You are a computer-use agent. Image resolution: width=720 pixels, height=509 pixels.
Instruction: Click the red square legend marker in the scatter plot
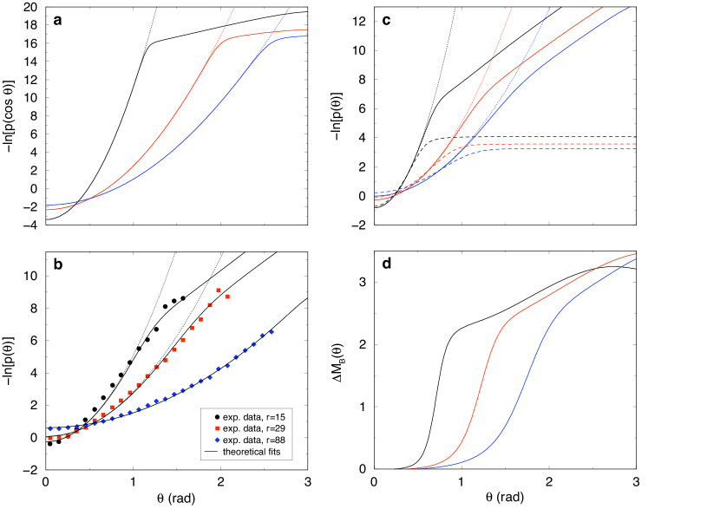tap(217, 428)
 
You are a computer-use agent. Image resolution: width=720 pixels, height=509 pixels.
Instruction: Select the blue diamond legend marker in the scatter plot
tap(217, 440)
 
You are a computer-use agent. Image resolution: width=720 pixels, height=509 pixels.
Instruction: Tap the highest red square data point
tap(219, 290)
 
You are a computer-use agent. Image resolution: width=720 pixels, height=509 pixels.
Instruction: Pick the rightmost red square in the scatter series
tap(227, 297)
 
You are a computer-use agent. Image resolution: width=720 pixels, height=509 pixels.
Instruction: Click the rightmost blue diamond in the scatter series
tap(272, 331)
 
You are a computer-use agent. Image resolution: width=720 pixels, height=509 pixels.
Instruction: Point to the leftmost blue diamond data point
tap(50, 428)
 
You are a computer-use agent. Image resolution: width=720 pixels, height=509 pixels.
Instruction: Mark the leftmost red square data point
tap(50, 439)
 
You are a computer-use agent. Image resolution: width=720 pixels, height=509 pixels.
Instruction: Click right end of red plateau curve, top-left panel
tap(307, 29)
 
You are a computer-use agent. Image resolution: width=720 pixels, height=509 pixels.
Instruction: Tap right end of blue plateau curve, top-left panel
tap(307, 36)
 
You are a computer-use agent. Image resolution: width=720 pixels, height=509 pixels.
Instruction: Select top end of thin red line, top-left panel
tap(233, 9)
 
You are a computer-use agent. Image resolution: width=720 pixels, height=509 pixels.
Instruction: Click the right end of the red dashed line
tap(636, 144)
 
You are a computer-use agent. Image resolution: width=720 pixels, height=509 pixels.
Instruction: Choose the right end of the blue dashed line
tap(636, 148)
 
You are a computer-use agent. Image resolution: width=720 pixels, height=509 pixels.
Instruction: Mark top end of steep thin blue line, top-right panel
tap(550, 9)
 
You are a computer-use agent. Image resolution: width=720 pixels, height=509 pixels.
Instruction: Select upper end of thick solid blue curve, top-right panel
tap(631, 8)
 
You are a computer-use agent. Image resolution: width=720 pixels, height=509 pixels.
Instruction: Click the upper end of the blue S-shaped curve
tap(636, 259)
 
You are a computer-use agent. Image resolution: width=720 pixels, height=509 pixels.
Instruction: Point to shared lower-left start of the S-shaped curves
tap(408, 469)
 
